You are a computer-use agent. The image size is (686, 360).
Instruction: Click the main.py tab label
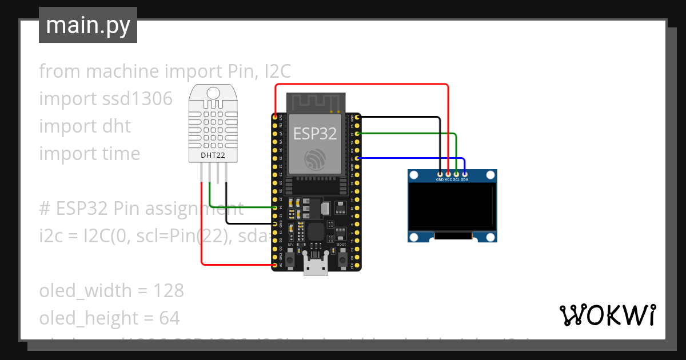click(x=87, y=25)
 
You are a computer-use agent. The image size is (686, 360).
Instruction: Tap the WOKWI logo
click(x=607, y=315)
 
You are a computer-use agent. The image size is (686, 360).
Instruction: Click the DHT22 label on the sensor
click(x=212, y=155)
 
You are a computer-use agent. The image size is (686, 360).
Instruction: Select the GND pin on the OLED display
click(x=440, y=174)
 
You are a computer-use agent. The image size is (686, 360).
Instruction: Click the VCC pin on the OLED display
click(x=448, y=174)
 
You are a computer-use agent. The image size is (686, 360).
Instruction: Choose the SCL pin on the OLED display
click(x=456, y=174)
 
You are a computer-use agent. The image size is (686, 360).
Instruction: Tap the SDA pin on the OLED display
click(x=465, y=174)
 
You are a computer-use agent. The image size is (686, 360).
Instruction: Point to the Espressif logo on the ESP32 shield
click(x=316, y=158)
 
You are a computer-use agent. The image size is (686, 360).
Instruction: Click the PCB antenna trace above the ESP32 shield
click(x=316, y=103)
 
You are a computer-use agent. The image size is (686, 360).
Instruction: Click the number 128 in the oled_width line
click(x=169, y=291)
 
